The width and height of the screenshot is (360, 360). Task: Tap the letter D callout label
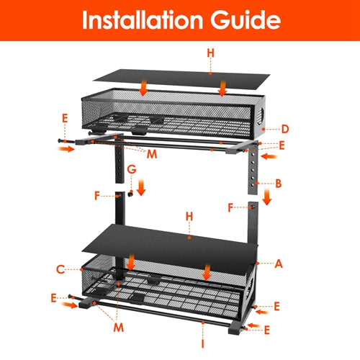tap(285, 130)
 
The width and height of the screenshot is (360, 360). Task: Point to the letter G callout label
tap(130, 169)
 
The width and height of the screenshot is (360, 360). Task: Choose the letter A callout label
tap(278, 264)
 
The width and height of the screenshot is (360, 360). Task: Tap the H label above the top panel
tap(210, 53)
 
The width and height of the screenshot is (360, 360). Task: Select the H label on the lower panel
tap(189, 216)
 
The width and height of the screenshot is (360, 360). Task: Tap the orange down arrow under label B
tap(266, 197)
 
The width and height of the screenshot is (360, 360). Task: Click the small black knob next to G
tap(132, 194)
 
